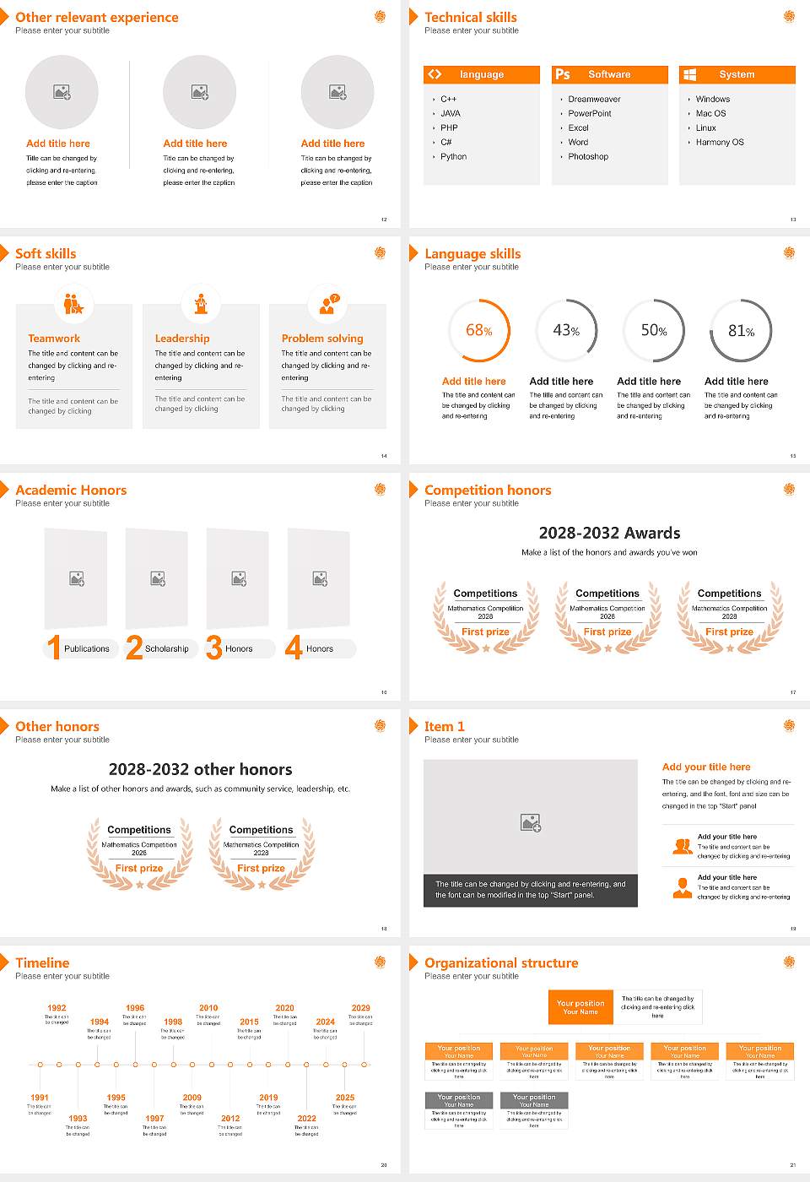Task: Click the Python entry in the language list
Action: coord(453,157)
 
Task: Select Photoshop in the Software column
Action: coord(588,157)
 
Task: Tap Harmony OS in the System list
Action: coord(720,143)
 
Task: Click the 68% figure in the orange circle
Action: coord(479,331)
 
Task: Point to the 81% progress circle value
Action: coord(741,331)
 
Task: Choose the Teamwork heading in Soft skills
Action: coord(54,339)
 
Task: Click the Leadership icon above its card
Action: coord(201,304)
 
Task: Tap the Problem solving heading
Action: coord(322,339)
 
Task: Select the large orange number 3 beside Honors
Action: coord(214,648)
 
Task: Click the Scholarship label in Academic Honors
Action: coord(166,649)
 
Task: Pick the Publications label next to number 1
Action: coord(87,649)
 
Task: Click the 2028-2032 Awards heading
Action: coord(609,534)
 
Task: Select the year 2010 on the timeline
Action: coord(208,1008)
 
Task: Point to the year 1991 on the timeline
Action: coord(40,1098)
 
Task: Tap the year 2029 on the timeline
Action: coord(360,1008)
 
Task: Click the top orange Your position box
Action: coord(580,1007)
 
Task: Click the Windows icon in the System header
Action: coord(689,74)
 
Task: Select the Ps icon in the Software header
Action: coord(563,74)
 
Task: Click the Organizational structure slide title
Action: coord(501,963)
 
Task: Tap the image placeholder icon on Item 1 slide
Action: coord(531,822)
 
